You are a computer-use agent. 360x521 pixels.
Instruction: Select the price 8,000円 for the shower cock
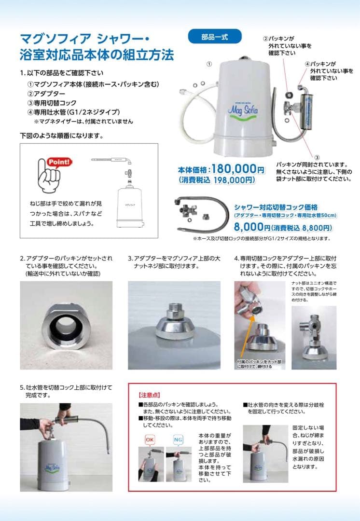tap(251, 227)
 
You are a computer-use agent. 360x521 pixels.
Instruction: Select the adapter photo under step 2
tap(66, 325)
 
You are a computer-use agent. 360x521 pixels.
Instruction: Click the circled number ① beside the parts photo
tap(208, 63)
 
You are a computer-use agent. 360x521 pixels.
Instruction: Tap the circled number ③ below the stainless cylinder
tap(317, 157)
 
